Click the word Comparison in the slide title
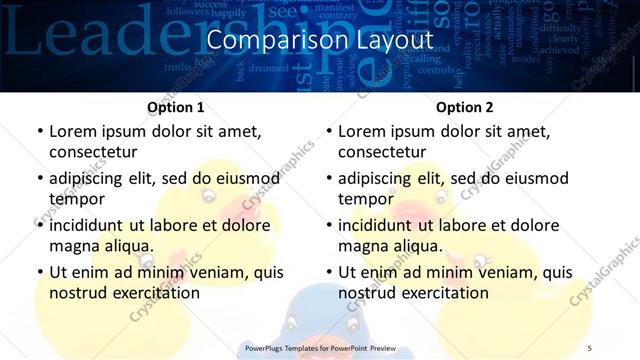pos(266,41)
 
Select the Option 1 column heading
pos(176,107)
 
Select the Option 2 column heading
pos(465,107)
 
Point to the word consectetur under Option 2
pos(382,152)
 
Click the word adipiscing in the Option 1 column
pos(88,179)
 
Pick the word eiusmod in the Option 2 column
pos(532,179)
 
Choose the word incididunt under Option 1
pos(88,225)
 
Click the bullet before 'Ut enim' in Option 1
pos(39,272)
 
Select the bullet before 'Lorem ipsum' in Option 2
pos(328,132)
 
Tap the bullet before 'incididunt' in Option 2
pos(328,225)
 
